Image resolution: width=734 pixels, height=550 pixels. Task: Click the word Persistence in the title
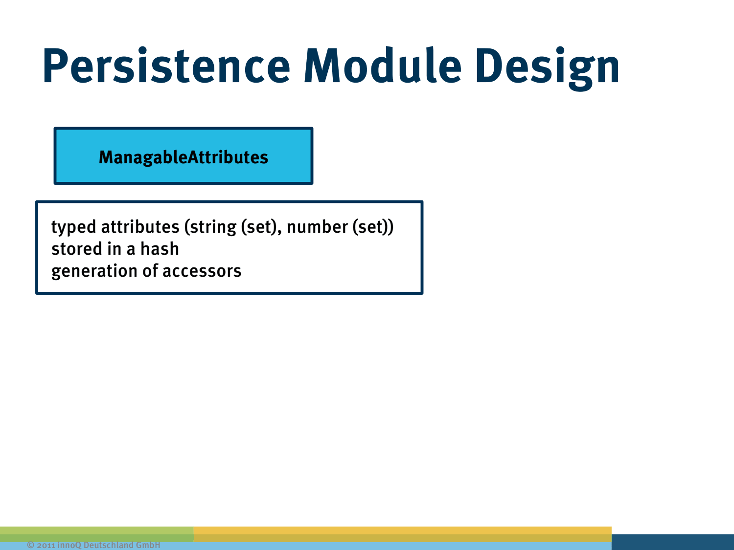[x=166, y=65]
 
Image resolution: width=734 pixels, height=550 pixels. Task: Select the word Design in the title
[x=548, y=68]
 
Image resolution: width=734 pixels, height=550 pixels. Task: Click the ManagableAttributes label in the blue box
[x=183, y=157]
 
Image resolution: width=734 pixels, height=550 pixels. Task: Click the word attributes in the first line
[x=140, y=227]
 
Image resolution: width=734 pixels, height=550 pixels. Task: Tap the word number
[x=317, y=227]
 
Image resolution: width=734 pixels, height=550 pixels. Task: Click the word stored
[x=76, y=249]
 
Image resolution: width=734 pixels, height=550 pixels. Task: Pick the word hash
[x=160, y=249]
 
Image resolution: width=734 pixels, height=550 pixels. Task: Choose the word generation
[x=94, y=271]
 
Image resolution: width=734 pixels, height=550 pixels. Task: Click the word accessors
[x=202, y=271]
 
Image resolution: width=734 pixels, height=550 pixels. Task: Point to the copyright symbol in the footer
[x=30, y=545]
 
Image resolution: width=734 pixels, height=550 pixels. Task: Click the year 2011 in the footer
[x=46, y=545]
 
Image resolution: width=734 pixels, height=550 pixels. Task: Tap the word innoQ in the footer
[x=69, y=545]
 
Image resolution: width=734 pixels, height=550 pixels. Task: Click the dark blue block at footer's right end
[x=672, y=542]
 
